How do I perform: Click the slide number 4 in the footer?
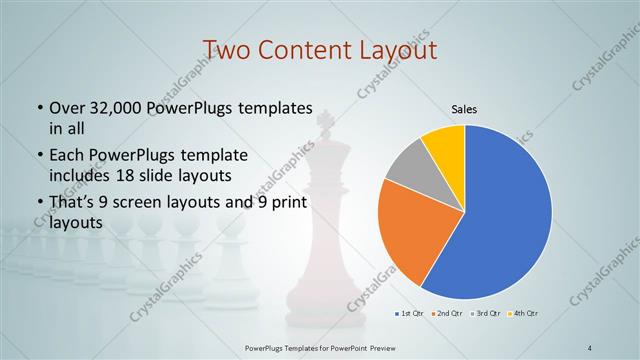(x=590, y=348)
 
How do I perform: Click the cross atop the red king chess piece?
(x=324, y=121)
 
